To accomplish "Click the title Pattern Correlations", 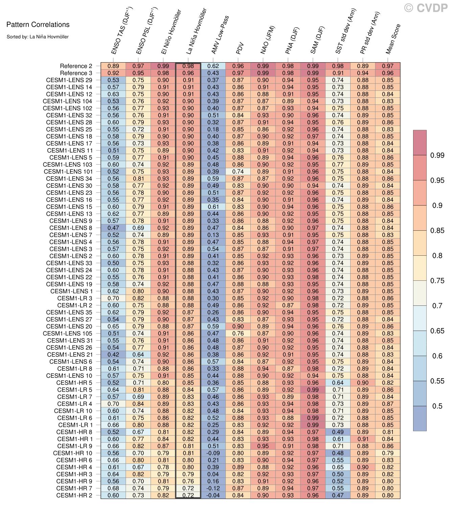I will point(38,25).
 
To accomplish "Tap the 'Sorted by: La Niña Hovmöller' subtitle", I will point(38,37).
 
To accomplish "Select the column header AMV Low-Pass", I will point(220,35).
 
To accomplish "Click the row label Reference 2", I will point(76,66).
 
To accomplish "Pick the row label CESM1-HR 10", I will point(72,453).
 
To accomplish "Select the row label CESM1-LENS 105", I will point(67,333).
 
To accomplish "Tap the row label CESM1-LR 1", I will point(75,425).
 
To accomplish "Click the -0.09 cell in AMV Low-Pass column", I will point(213,453).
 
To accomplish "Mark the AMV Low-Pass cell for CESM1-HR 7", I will point(213,488).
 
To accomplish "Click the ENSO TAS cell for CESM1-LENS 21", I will point(113,354).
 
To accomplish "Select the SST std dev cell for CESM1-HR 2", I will point(338,495).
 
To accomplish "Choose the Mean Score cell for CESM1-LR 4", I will point(388,404).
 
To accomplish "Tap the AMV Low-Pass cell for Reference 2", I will point(213,66).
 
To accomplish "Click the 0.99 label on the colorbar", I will point(437,155).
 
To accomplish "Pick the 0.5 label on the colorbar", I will point(437,406).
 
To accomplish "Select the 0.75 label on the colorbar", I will point(437,281).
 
